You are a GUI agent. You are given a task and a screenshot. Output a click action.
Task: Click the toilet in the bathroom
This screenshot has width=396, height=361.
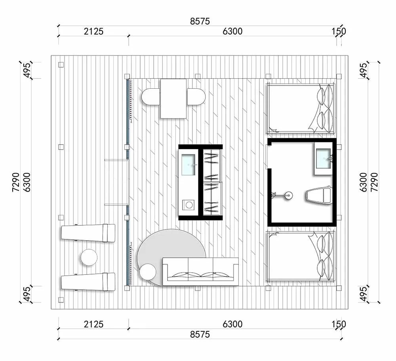[x=319, y=195]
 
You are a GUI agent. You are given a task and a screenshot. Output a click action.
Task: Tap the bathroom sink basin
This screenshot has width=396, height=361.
[x=323, y=158]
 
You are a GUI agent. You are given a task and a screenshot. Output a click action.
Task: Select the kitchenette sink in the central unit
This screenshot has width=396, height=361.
[x=188, y=165]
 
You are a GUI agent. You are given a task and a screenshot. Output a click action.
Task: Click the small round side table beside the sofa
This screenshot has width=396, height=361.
[x=148, y=272]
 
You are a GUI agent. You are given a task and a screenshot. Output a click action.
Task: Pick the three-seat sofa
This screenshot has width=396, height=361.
[x=200, y=272]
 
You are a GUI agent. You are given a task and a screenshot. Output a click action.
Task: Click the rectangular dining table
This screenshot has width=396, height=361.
[x=173, y=99]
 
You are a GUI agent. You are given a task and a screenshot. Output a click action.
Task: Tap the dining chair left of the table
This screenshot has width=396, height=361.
[x=151, y=97]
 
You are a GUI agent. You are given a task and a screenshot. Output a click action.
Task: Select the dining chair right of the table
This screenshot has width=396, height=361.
[x=196, y=97]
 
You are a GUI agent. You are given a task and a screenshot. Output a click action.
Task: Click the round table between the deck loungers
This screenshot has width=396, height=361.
[x=89, y=257]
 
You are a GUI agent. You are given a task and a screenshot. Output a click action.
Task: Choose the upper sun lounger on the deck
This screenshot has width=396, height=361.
[x=88, y=233]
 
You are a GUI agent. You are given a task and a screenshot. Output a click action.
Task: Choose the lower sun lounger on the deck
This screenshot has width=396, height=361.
[x=88, y=282]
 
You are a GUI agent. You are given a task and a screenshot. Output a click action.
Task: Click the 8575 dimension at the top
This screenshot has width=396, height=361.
[x=200, y=21]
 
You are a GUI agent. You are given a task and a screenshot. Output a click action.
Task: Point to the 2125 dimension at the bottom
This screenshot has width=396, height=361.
[x=93, y=324]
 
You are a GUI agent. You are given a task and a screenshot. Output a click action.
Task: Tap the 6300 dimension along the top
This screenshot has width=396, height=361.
[x=232, y=31]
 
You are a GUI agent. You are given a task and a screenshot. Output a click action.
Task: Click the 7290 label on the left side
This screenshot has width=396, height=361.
[x=16, y=182]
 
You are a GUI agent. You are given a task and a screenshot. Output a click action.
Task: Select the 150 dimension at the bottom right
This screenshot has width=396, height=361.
[x=339, y=324]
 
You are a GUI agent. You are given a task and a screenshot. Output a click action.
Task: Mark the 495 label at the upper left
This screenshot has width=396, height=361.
[x=27, y=70]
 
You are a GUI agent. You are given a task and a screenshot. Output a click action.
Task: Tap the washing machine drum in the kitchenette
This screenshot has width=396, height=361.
[x=189, y=205]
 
